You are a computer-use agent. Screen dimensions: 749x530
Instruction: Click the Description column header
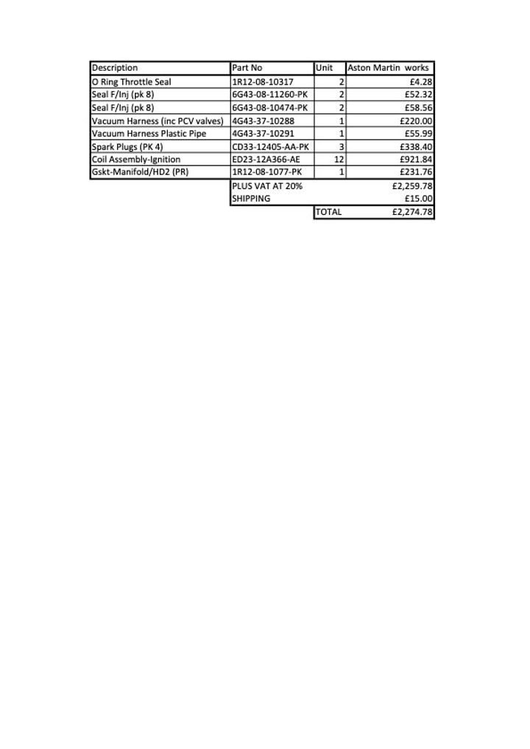115,68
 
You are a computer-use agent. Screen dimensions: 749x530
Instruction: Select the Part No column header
247,68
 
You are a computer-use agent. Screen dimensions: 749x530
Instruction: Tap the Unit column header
325,68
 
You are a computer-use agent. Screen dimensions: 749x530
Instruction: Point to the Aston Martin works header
388,68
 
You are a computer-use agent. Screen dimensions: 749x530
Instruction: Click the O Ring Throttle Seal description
132,82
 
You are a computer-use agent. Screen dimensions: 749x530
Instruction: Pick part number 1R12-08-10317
263,82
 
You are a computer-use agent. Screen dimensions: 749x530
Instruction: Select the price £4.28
421,82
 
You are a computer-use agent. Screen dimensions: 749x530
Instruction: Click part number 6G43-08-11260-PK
269,95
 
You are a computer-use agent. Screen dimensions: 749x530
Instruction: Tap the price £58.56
417,107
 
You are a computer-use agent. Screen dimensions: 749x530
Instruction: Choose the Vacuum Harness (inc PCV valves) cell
158,121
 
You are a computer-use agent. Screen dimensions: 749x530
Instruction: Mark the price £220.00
416,121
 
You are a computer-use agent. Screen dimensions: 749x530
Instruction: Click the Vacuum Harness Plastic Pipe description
149,133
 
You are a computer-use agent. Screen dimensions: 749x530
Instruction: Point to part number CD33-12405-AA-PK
270,146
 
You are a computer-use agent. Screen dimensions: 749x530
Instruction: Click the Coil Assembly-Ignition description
136,159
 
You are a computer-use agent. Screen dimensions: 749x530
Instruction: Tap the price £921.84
416,159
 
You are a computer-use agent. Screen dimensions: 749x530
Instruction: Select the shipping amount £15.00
419,199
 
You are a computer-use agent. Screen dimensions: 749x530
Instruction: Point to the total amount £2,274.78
413,212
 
